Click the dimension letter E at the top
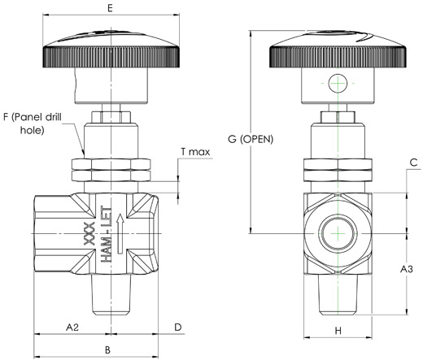(x=110, y=8)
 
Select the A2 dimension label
(x=72, y=327)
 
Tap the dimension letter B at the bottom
(x=107, y=350)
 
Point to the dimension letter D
(x=178, y=327)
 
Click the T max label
(x=195, y=152)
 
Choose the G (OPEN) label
(x=251, y=139)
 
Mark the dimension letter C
(x=413, y=163)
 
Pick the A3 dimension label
(x=407, y=269)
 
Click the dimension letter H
(x=338, y=331)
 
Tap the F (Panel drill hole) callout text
(x=33, y=124)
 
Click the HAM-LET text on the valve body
(x=106, y=235)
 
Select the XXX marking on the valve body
(x=89, y=233)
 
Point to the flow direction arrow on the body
(x=120, y=233)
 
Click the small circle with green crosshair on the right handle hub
(x=338, y=83)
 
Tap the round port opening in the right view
(x=338, y=233)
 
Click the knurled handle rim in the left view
(x=111, y=57)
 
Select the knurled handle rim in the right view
(x=338, y=57)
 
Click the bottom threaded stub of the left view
(x=111, y=295)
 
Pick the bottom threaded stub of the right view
(x=338, y=295)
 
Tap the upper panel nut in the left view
(x=111, y=164)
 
